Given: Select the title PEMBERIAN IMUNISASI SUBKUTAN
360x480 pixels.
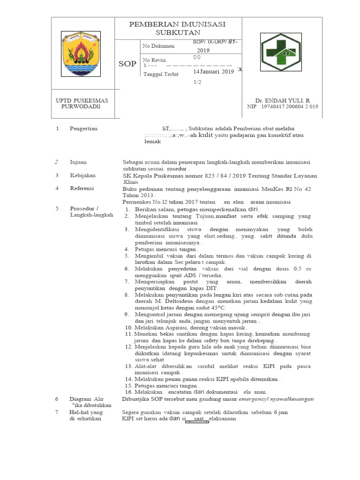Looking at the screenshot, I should pyautogui.click(x=177, y=28).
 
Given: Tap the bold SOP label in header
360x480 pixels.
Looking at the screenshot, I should pyautogui.click(x=127, y=64).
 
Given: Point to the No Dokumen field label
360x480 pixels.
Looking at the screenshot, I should pyautogui.click(x=158, y=46).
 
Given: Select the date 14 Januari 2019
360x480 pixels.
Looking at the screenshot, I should pyautogui.click(x=213, y=72).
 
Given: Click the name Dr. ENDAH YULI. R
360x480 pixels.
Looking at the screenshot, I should pyautogui.click(x=283, y=100).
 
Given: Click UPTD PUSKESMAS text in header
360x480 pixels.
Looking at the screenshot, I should pyautogui.click(x=82, y=100).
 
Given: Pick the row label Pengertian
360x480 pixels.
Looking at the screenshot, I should pyautogui.click(x=83, y=128).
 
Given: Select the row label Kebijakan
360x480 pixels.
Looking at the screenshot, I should pyautogui.click(x=82, y=175).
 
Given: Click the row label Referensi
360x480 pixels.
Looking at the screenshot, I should pyautogui.click(x=82, y=188).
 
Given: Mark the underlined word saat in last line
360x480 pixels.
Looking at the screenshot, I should pyautogui.click(x=198, y=419).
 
